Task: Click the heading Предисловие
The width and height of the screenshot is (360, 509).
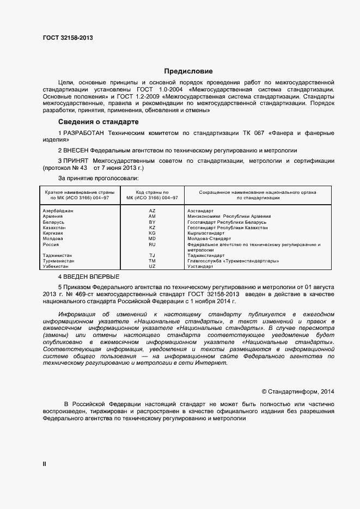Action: coord(188,71)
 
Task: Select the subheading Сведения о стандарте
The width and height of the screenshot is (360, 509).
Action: coord(99,121)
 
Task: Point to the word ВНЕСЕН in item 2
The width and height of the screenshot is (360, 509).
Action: coord(76,150)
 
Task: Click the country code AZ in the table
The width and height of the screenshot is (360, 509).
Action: coord(152,210)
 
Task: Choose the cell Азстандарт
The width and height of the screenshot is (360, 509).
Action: coord(200,210)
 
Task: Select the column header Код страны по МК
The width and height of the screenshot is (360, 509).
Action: coord(152,195)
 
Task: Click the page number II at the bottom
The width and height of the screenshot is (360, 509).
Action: coord(44,464)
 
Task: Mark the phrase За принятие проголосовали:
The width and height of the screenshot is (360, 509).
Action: coord(98,178)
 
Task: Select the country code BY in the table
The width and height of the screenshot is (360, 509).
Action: coord(152,222)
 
